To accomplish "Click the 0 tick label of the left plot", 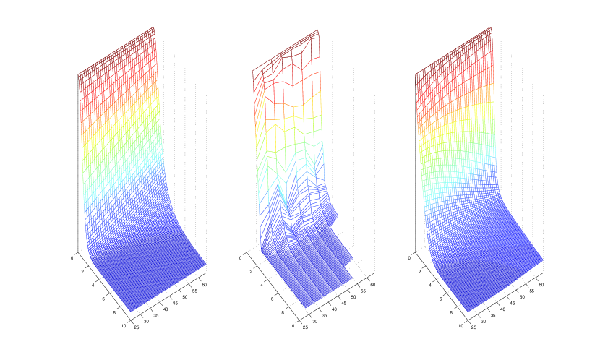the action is pyautogui.click(x=72, y=258).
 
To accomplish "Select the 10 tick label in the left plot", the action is pyautogui.click(x=123, y=326).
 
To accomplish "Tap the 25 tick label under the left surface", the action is pyautogui.click(x=137, y=327).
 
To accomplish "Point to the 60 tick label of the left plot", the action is pyautogui.click(x=205, y=285).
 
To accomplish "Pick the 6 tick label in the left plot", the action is pyautogui.click(x=103, y=299).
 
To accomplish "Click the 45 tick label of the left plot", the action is pyautogui.click(x=175, y=303).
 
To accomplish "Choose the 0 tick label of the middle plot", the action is pyautogui.click(x=240, y=258).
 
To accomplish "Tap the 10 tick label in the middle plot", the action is pyautogui.click(x=291, y=326).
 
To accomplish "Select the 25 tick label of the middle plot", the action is pyautogui.click(x=305, y=327).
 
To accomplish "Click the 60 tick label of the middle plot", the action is pyautogui.click(x=373, y=285).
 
